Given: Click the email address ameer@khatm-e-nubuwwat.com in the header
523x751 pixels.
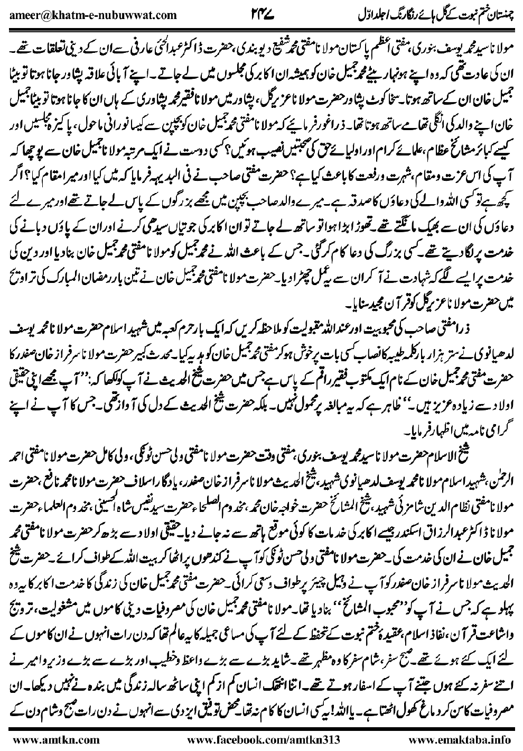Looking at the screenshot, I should pyautogui.click(x=93, y=14).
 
